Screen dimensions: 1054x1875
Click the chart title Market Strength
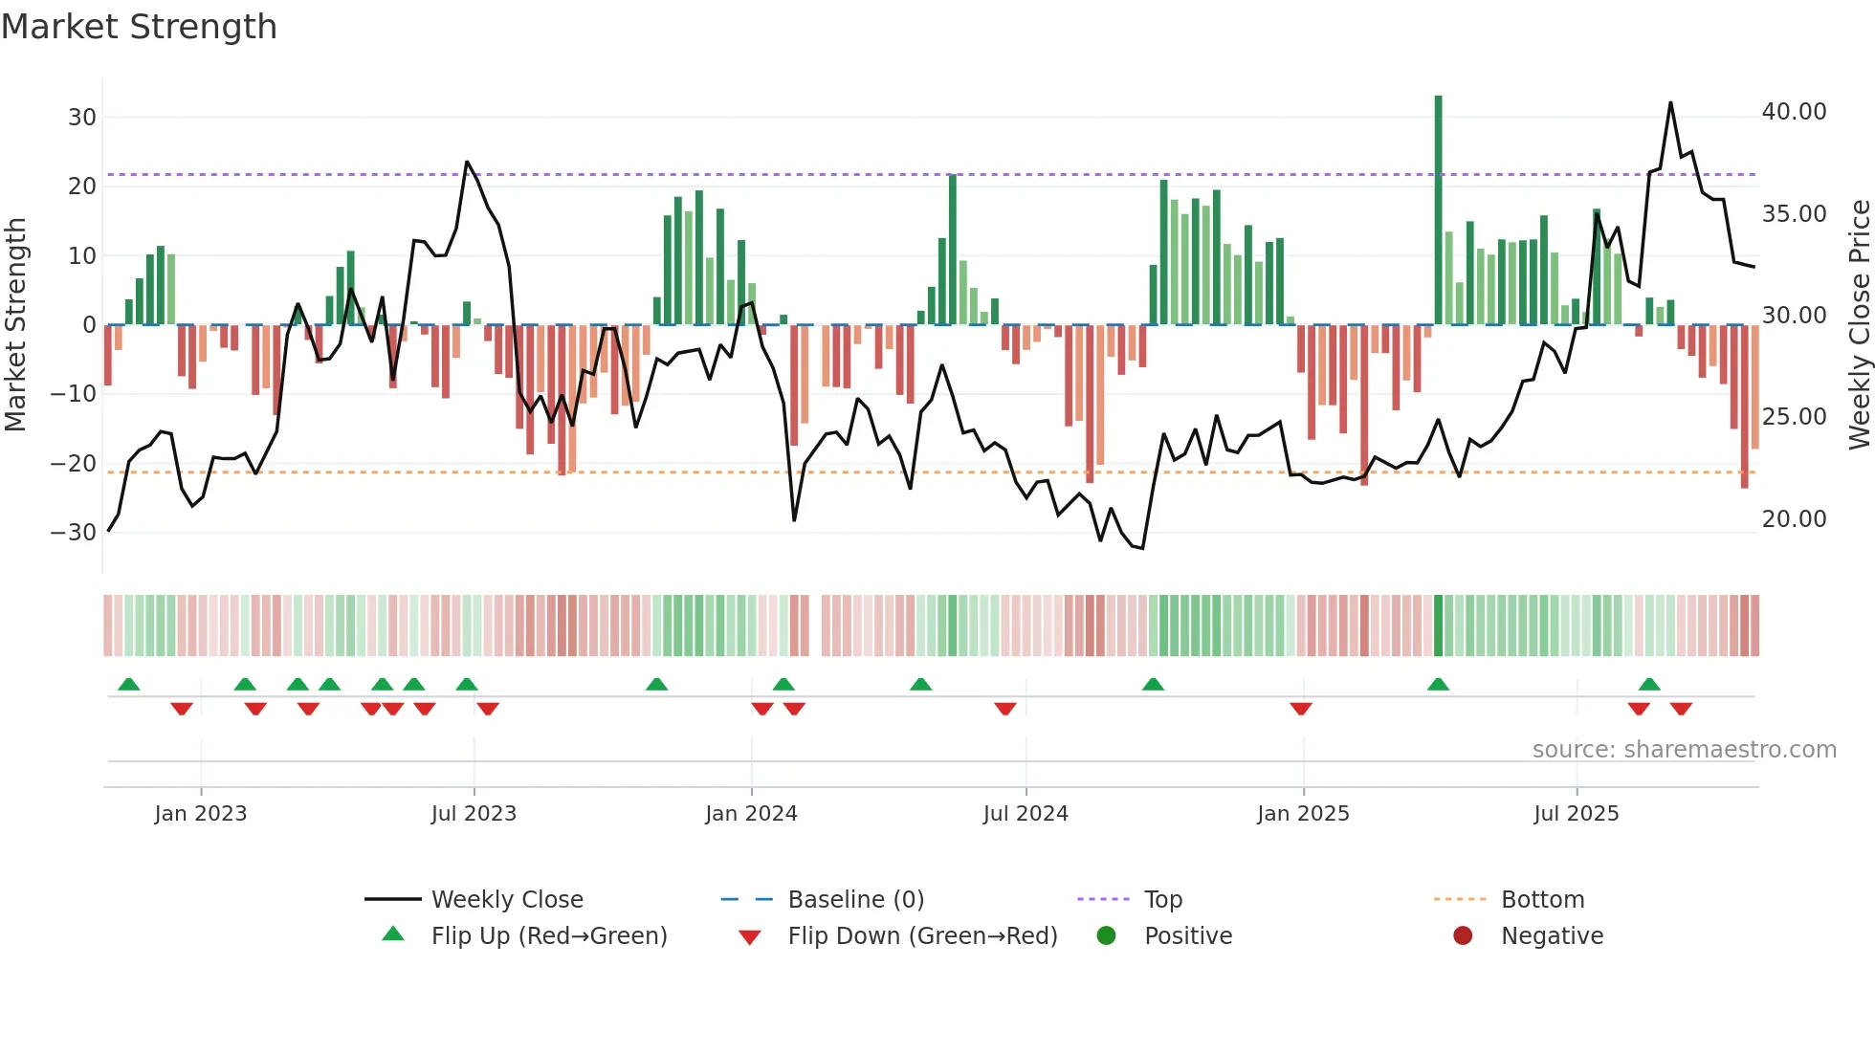click(x=139, y=27)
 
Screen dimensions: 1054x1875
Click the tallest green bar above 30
click(x=1438, y=210)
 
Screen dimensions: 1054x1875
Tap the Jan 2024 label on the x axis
click(x=751, y=814)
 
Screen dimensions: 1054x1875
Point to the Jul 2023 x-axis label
click(x=474, y=814)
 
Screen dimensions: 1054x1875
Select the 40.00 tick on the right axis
click(x=1794, y=112)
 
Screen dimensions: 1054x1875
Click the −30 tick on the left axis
click(x=74, y=533)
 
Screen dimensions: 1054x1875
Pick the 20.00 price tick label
click(x=1794, y=519)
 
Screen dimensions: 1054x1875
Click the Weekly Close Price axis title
click(x=1859, y=325)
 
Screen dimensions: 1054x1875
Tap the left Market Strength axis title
click(x=15, y=325)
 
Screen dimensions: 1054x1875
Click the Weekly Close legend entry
click(x=506, y=900)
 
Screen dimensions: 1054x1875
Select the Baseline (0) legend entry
click(x=855, y=900)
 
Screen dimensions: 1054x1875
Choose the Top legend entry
click(x=1163, y=900)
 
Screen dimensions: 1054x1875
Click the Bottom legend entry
click(x=1542, y=900)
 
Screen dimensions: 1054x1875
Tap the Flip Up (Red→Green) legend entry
click(x=548, y=936)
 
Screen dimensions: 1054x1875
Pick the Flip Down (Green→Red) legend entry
click(x=921, y=936)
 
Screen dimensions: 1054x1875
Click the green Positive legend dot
click(x=1107, y=936)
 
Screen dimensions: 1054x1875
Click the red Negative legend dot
click(x=1463, y=936)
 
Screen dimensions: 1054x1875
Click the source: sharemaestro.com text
click(x=1684, y=750)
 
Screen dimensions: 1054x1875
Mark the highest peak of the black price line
click(x=1670, y=103)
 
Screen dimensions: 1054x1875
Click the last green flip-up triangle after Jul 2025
click(x=1649, y=685)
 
